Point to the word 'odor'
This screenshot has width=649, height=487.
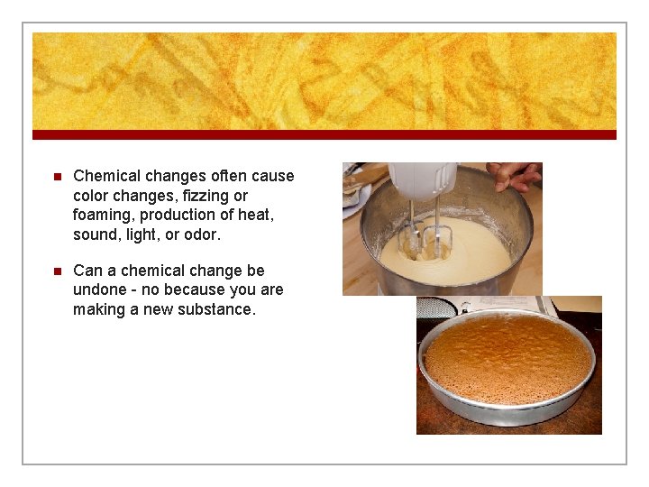199,234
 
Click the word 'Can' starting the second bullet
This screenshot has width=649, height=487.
87,271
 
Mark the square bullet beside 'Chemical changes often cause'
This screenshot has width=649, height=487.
55,177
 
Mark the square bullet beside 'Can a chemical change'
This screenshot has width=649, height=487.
55,271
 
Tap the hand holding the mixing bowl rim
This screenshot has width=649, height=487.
516,173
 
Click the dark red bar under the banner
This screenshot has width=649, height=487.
324,134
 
